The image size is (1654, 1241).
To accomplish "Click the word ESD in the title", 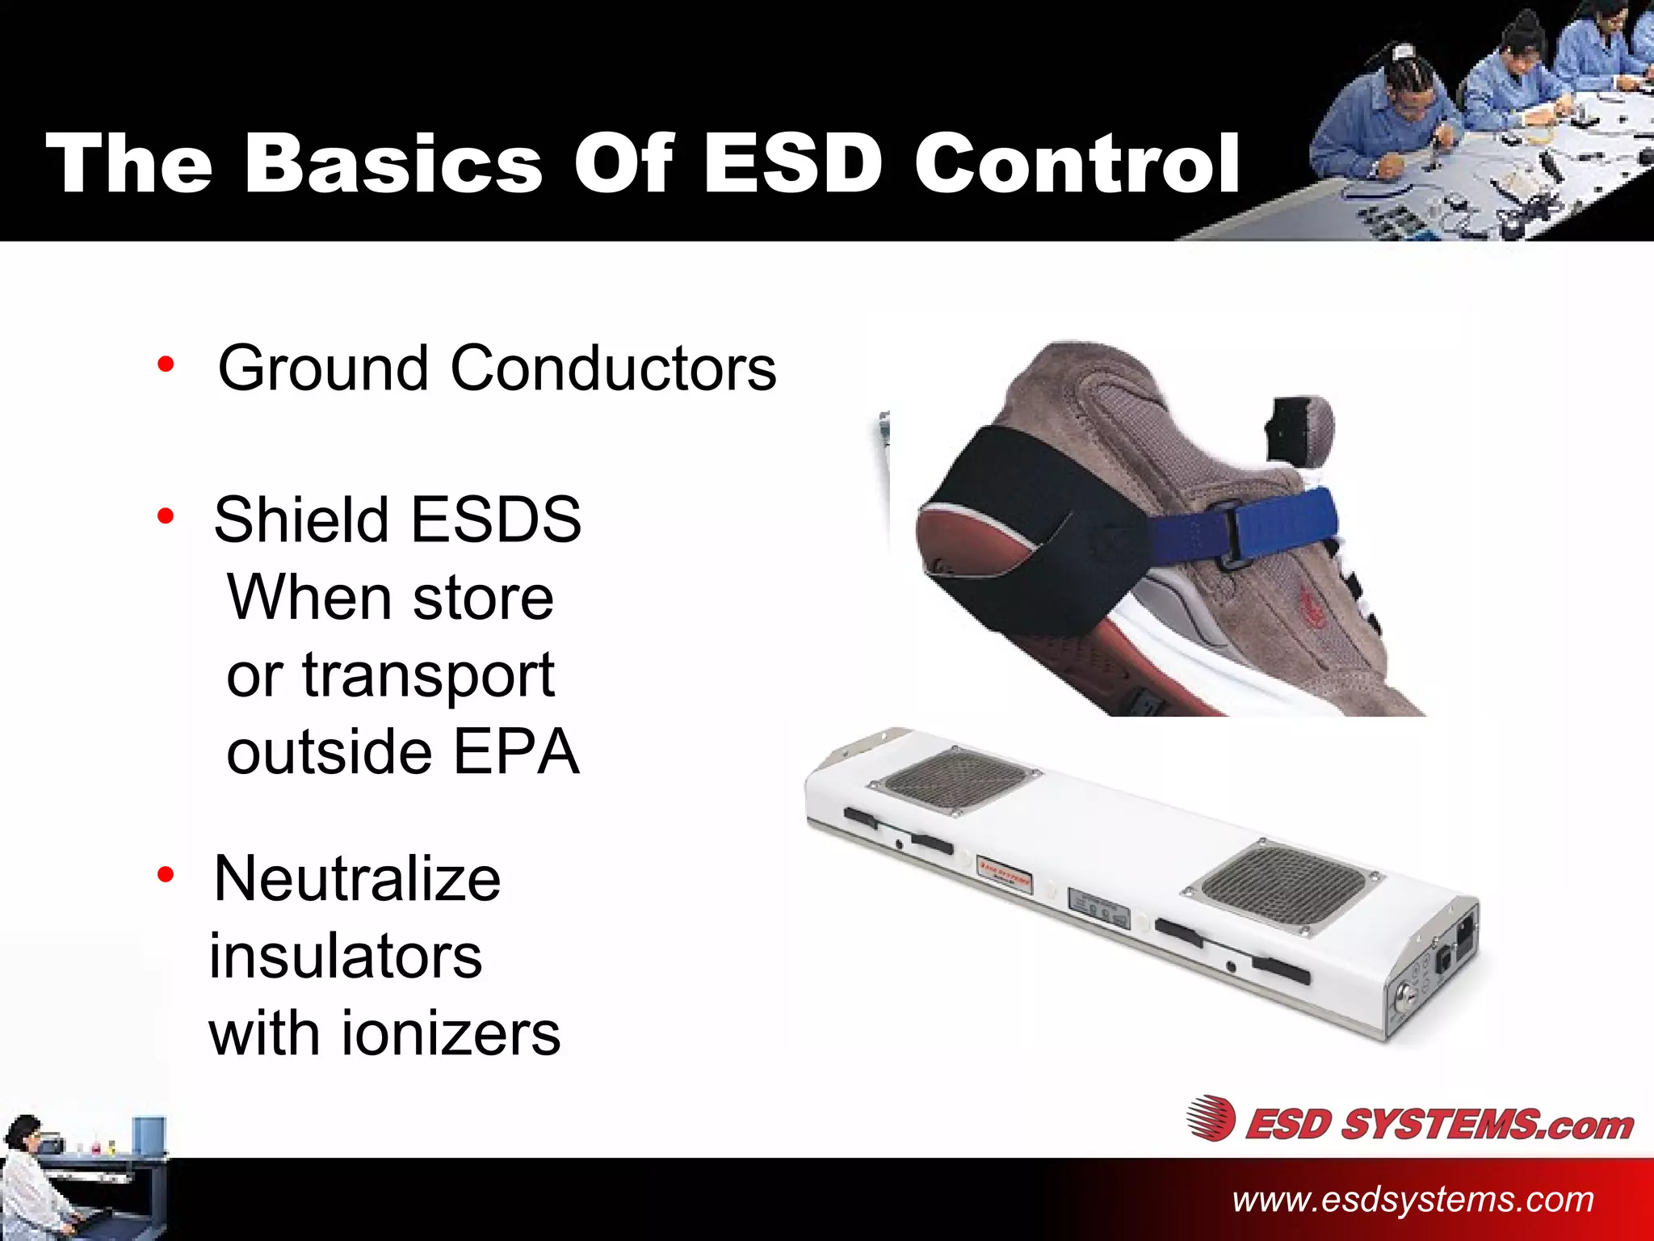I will tap(792, 164).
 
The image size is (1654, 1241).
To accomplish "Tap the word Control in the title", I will tap(1077, 164).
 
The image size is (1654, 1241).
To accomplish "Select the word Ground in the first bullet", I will tap(323, 368).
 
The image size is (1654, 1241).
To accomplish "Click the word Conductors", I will tap(613, 368).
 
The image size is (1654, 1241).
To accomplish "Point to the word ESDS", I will tap(496, 520).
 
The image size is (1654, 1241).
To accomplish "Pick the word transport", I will tap(428, 675).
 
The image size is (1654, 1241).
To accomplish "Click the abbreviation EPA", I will tap(516, 752).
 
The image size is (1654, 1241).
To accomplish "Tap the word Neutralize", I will tap(357, 879).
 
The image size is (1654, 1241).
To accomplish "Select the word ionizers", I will tap(451, 1034).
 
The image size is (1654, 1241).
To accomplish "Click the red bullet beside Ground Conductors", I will tap(166, 364).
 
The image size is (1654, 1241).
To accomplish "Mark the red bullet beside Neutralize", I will tap(166, 874).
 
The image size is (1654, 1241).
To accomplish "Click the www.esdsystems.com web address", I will tap(1413, 1200).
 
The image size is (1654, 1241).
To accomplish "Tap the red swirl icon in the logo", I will tap(1211, 1119).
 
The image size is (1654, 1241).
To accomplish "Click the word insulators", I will tap(346, 957).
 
